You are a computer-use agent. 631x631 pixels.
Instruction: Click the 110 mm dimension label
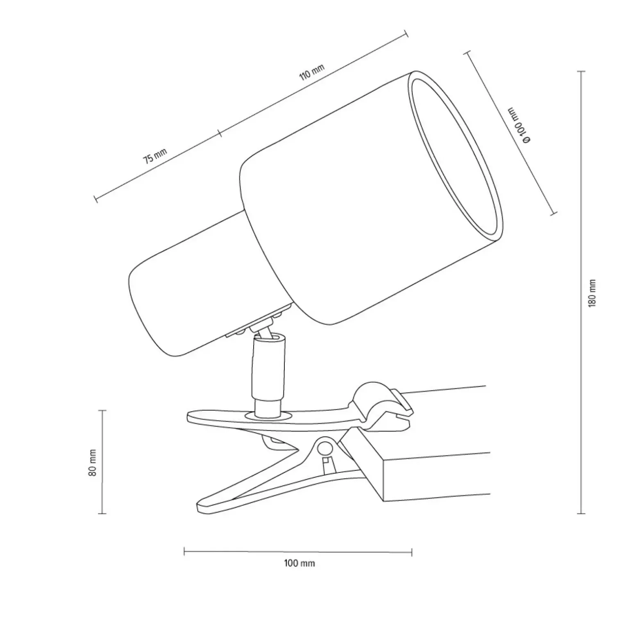(x=312, y=73)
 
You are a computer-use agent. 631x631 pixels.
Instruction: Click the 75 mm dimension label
(x=155, y=156)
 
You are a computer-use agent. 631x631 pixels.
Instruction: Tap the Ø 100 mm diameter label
(x=519, y=125)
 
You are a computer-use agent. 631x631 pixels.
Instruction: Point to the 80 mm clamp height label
(x=93, y=462)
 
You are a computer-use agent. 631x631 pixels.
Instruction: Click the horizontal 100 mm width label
(x=300, y=563)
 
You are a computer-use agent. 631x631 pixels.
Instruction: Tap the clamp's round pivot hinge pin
(x=325, y=448)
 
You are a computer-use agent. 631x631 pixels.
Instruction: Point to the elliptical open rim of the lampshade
(x=455, y=158)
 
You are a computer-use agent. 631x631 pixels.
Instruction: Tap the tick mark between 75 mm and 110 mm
(x=220, y=133)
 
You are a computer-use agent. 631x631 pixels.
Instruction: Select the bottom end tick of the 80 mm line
(x=102, y=513)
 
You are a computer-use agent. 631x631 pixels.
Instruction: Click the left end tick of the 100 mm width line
(x=184, y=552)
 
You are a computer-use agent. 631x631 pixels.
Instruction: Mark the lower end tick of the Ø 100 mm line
(x=553, y=213)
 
